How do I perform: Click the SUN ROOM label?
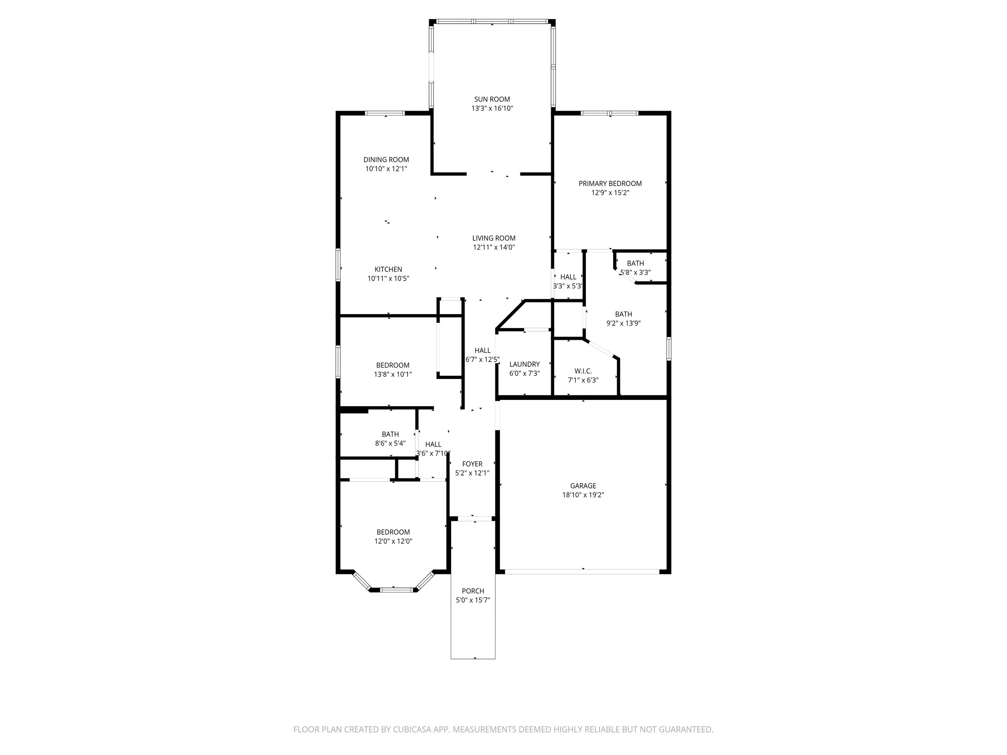click(492, 99)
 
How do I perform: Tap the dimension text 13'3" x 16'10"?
click(492, 108)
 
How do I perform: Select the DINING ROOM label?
click(386, 160)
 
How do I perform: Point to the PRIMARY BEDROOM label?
click(610, 183)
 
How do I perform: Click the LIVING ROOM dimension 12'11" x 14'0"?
click(493, 247)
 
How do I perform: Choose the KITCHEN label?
click(388, 269)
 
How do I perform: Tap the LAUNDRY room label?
click(524, 364)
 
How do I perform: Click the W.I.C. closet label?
click(583, 371)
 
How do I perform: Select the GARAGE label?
click(583, 486)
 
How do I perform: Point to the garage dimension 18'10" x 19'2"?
click(583, 495)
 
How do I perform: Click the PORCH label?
click(472, 591)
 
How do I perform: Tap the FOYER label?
click(472, 464)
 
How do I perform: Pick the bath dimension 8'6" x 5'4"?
click(390, 443)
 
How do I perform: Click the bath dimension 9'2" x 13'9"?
click(623, 323)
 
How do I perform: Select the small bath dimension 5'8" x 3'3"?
click(636, 273)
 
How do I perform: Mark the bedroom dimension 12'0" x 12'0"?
click(393, 541)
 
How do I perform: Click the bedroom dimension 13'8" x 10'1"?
click(393, 374)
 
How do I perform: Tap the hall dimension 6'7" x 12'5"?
click(483, 360)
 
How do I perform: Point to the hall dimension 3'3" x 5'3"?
click(568, 286)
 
